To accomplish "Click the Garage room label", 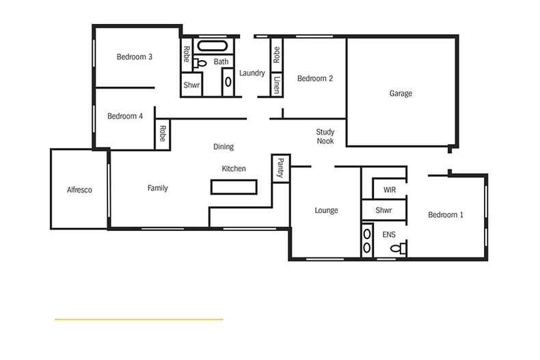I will (401, 94).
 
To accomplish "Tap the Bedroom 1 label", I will (446, 215).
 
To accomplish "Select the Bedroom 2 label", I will (315, 79).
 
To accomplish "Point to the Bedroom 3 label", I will (134, 57).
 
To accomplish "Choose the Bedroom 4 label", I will (125, 116).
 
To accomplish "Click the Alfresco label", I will (79, 190).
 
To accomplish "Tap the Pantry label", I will (280, 168).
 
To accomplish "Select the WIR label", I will (390, 189).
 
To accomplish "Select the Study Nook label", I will (325, 136).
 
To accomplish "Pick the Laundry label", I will (252, 74).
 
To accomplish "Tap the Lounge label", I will (326, 210).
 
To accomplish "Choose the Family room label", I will (157, 189).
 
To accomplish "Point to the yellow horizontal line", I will (139, 319).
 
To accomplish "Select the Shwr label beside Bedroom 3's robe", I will (191, 85).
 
